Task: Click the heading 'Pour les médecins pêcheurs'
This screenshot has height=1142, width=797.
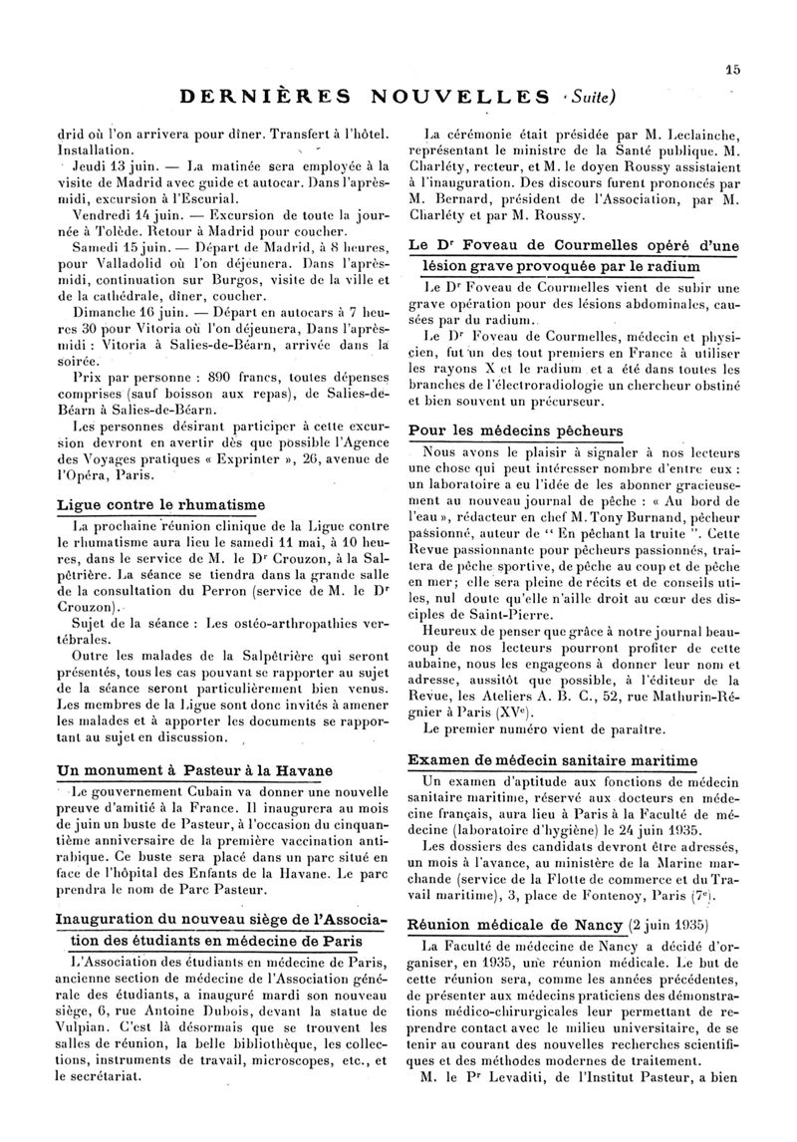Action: (517, 430)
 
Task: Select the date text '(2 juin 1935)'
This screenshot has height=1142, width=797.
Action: (657, 925)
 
